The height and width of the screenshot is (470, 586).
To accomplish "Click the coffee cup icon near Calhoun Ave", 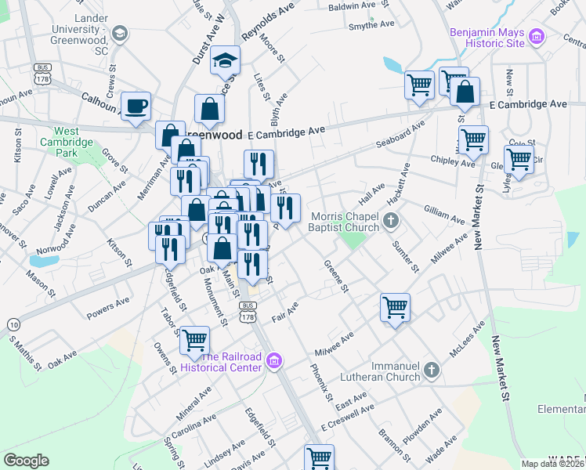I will point(136,106).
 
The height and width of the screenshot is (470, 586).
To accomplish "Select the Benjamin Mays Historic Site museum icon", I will point(537,35).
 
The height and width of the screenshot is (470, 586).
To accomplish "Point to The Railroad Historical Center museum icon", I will point(273,360).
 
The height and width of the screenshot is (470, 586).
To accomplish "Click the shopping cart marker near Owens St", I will point(194,340).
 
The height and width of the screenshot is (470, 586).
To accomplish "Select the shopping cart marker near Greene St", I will point(396,306).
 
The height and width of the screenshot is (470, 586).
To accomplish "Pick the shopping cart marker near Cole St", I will point(519,158).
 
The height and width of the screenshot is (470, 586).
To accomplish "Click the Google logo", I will point(26,461).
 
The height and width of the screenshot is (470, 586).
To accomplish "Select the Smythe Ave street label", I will point(371,25).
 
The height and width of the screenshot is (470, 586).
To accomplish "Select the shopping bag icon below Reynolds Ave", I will point(211,109).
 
